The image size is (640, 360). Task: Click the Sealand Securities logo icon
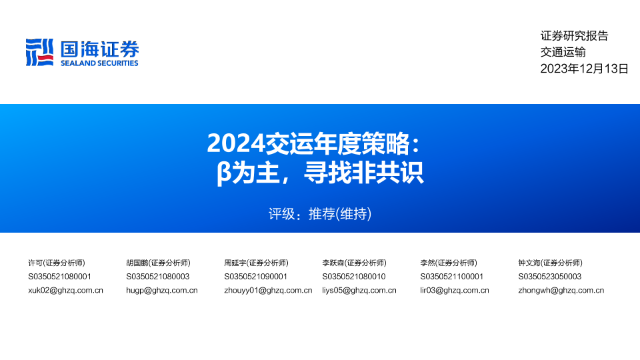coord(39,52)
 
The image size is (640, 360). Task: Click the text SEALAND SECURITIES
coord(99,63)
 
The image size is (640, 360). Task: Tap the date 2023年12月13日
coord(584,69)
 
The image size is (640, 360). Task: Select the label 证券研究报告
coord(574,36)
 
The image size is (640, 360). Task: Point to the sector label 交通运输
coord(563,52)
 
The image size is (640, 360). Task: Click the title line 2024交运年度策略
coord(313,143)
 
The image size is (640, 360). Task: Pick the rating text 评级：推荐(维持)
coord(320,214)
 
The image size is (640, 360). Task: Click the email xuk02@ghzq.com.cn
coord(66,291)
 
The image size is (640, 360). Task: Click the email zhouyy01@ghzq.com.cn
coord(268,291)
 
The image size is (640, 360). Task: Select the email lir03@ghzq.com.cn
coord(455,291)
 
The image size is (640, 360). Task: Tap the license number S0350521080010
coord(354,277)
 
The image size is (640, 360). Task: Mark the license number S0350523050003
coord(550,277)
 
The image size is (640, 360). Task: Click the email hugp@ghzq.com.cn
coord(161,291)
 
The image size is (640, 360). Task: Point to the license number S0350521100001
coord(452,277)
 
